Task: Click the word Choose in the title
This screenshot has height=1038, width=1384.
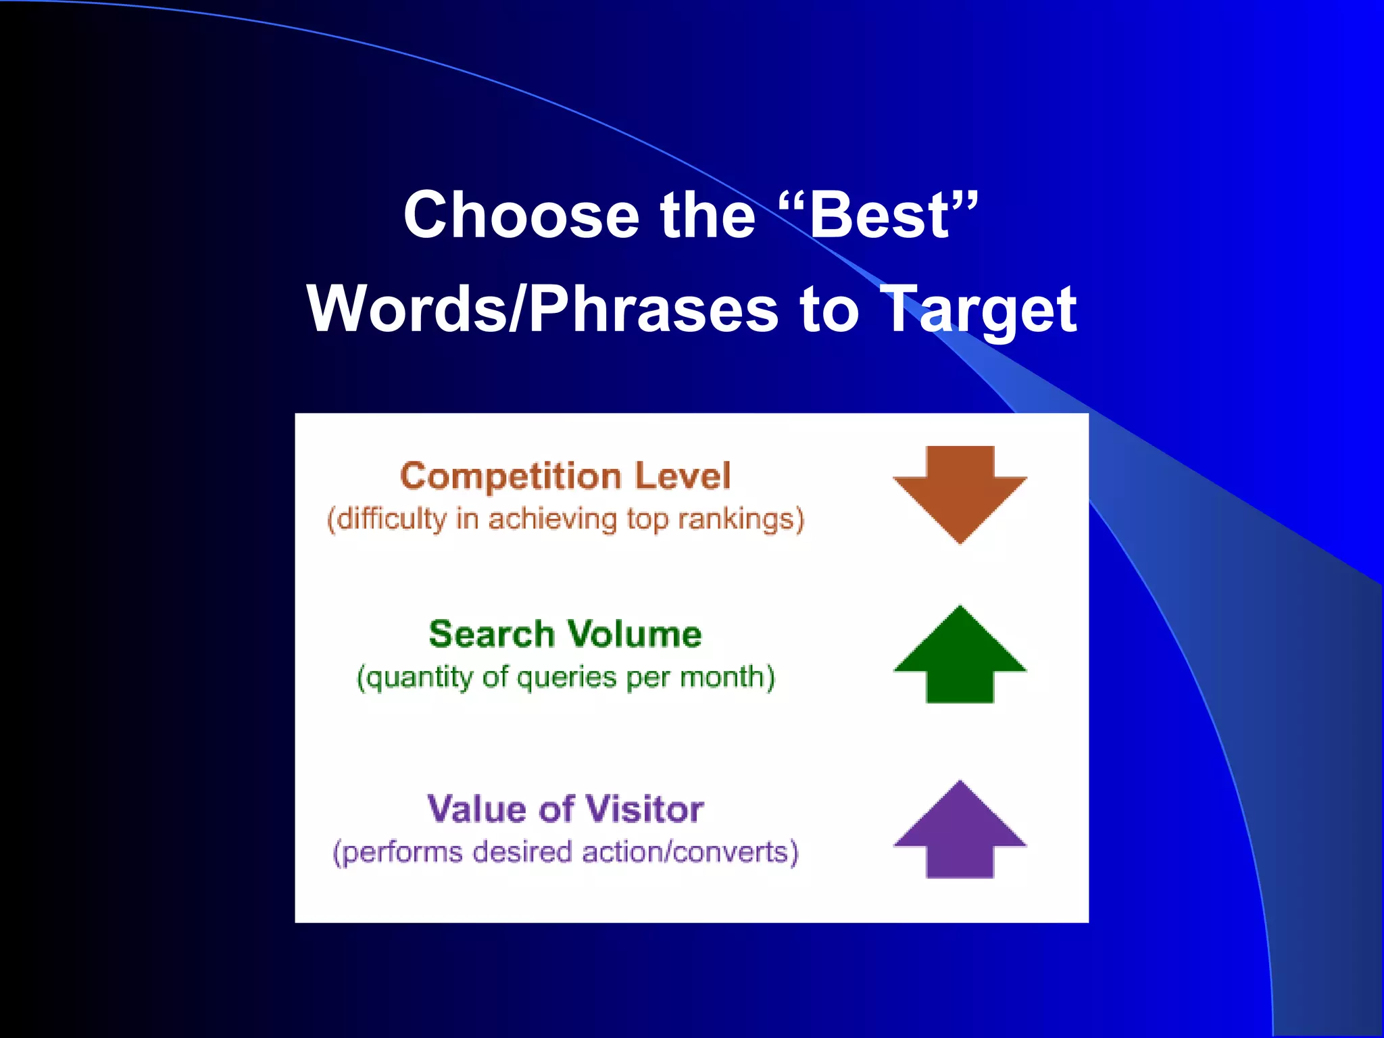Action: point(521,216)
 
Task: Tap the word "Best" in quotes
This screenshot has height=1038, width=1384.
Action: point(879,216)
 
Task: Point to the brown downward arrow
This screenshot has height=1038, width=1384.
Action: point(960,493)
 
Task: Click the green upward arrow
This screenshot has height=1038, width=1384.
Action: point(960,656)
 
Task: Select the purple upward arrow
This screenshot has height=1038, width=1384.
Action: point(960,831)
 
